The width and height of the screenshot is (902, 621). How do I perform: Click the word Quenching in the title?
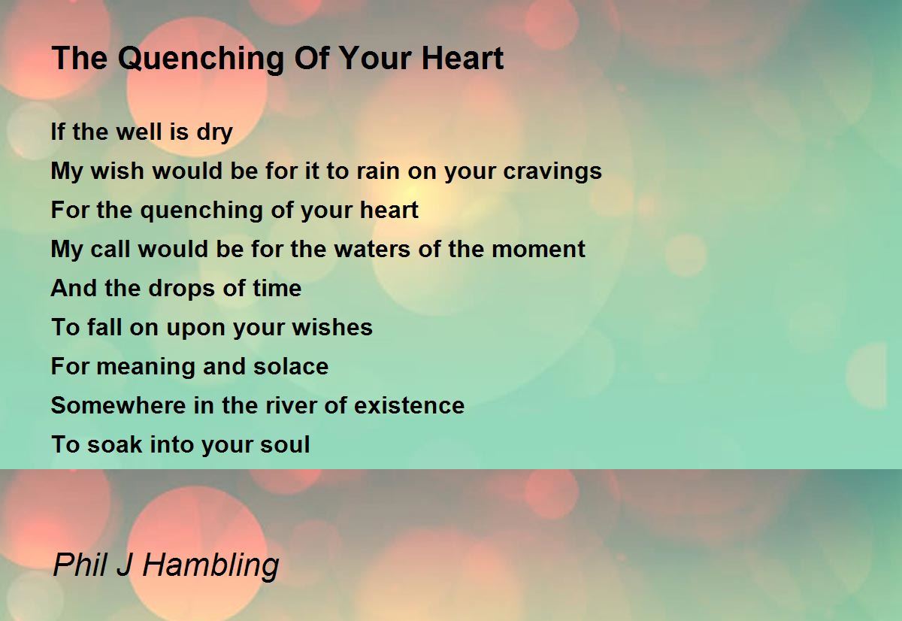(x=201, y=59)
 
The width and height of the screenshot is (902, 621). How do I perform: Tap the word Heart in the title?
(x=463, y=59)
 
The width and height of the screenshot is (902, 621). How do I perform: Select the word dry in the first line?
(x=215, y=132)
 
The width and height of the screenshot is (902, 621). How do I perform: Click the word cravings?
(x=552, y=171)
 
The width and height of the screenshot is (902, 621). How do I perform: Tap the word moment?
(x=538, y=250)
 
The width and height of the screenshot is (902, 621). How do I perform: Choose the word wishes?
(x=332, y=327)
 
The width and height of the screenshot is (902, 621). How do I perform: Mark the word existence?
(x=409, y=405)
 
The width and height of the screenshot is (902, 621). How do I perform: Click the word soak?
(x=115, y=444)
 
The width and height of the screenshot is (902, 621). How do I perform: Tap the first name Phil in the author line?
(x=80, y=564)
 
